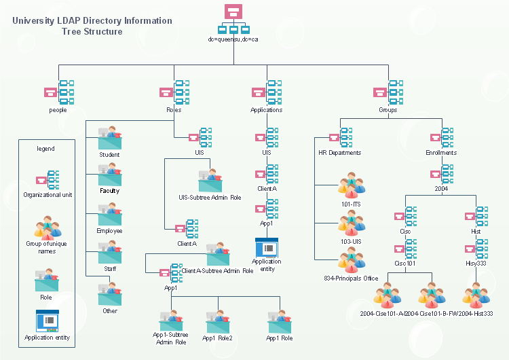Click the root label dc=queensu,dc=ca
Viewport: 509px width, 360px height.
pyautogui.click(x=233, y=40)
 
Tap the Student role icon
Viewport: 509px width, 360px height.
pyautogui.click(x=109, y=138)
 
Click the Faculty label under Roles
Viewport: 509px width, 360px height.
pyautogui.click(x=109, y=191)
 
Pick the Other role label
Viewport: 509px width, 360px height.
pyautogui.click(x=109, y=311)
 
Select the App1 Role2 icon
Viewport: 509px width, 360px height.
pyautogui.click(x=218, y=321)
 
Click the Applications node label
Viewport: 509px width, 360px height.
pyautogui.click(x=267, y=110)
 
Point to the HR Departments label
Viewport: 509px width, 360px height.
pyautogui.click(x=339, y=153)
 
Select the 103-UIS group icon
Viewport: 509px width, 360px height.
pyautogui.click(x=352, y=222)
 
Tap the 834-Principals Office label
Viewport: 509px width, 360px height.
pyautogui.click(x=351, y=278)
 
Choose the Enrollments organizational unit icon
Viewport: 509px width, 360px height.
pyautogui.click(x=442, y=136)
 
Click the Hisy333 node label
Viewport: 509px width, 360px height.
pyautogui.click(x=476, y=264)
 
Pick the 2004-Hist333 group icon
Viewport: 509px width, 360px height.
pyautogui.click(x=476, y=293)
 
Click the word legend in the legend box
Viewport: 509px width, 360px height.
pyautogui.click(x=45, y=148)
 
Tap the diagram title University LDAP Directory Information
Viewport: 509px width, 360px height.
pyautogui.click(x=92, y=21)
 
